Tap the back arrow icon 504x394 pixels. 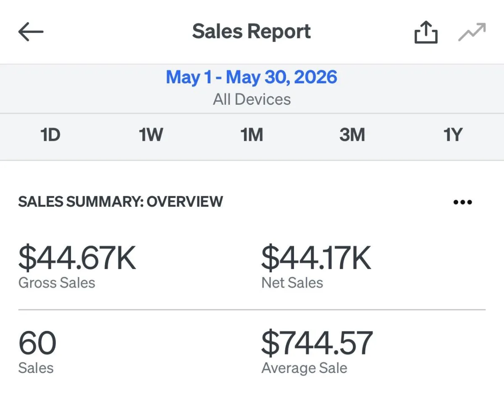tap(31, 32)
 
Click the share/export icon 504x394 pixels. tap(426, 32)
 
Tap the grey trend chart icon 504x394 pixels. tap(472, 32)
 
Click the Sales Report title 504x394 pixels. tap(252, 32)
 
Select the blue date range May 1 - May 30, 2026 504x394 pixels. tap(252, 77)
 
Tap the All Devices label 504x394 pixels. tap(252, 99)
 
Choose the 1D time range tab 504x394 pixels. tap(50, 135)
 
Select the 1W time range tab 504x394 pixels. tap(151, 135)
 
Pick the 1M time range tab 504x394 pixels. tap(252, 135)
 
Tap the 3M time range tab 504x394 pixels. tap(352, 135)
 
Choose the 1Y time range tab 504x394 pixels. tap(453, 135)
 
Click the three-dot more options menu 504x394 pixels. tap(463, 202)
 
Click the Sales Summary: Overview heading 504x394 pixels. tap(121, 201)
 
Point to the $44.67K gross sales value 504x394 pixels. tap(77, 258)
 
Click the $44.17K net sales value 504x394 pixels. tap(316, 258)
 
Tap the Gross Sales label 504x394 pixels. tap(57, 283)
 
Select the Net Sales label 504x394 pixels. tap(292, 283)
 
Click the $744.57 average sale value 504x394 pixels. tap(317, 343)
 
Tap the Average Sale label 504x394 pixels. tap(304, 368)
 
